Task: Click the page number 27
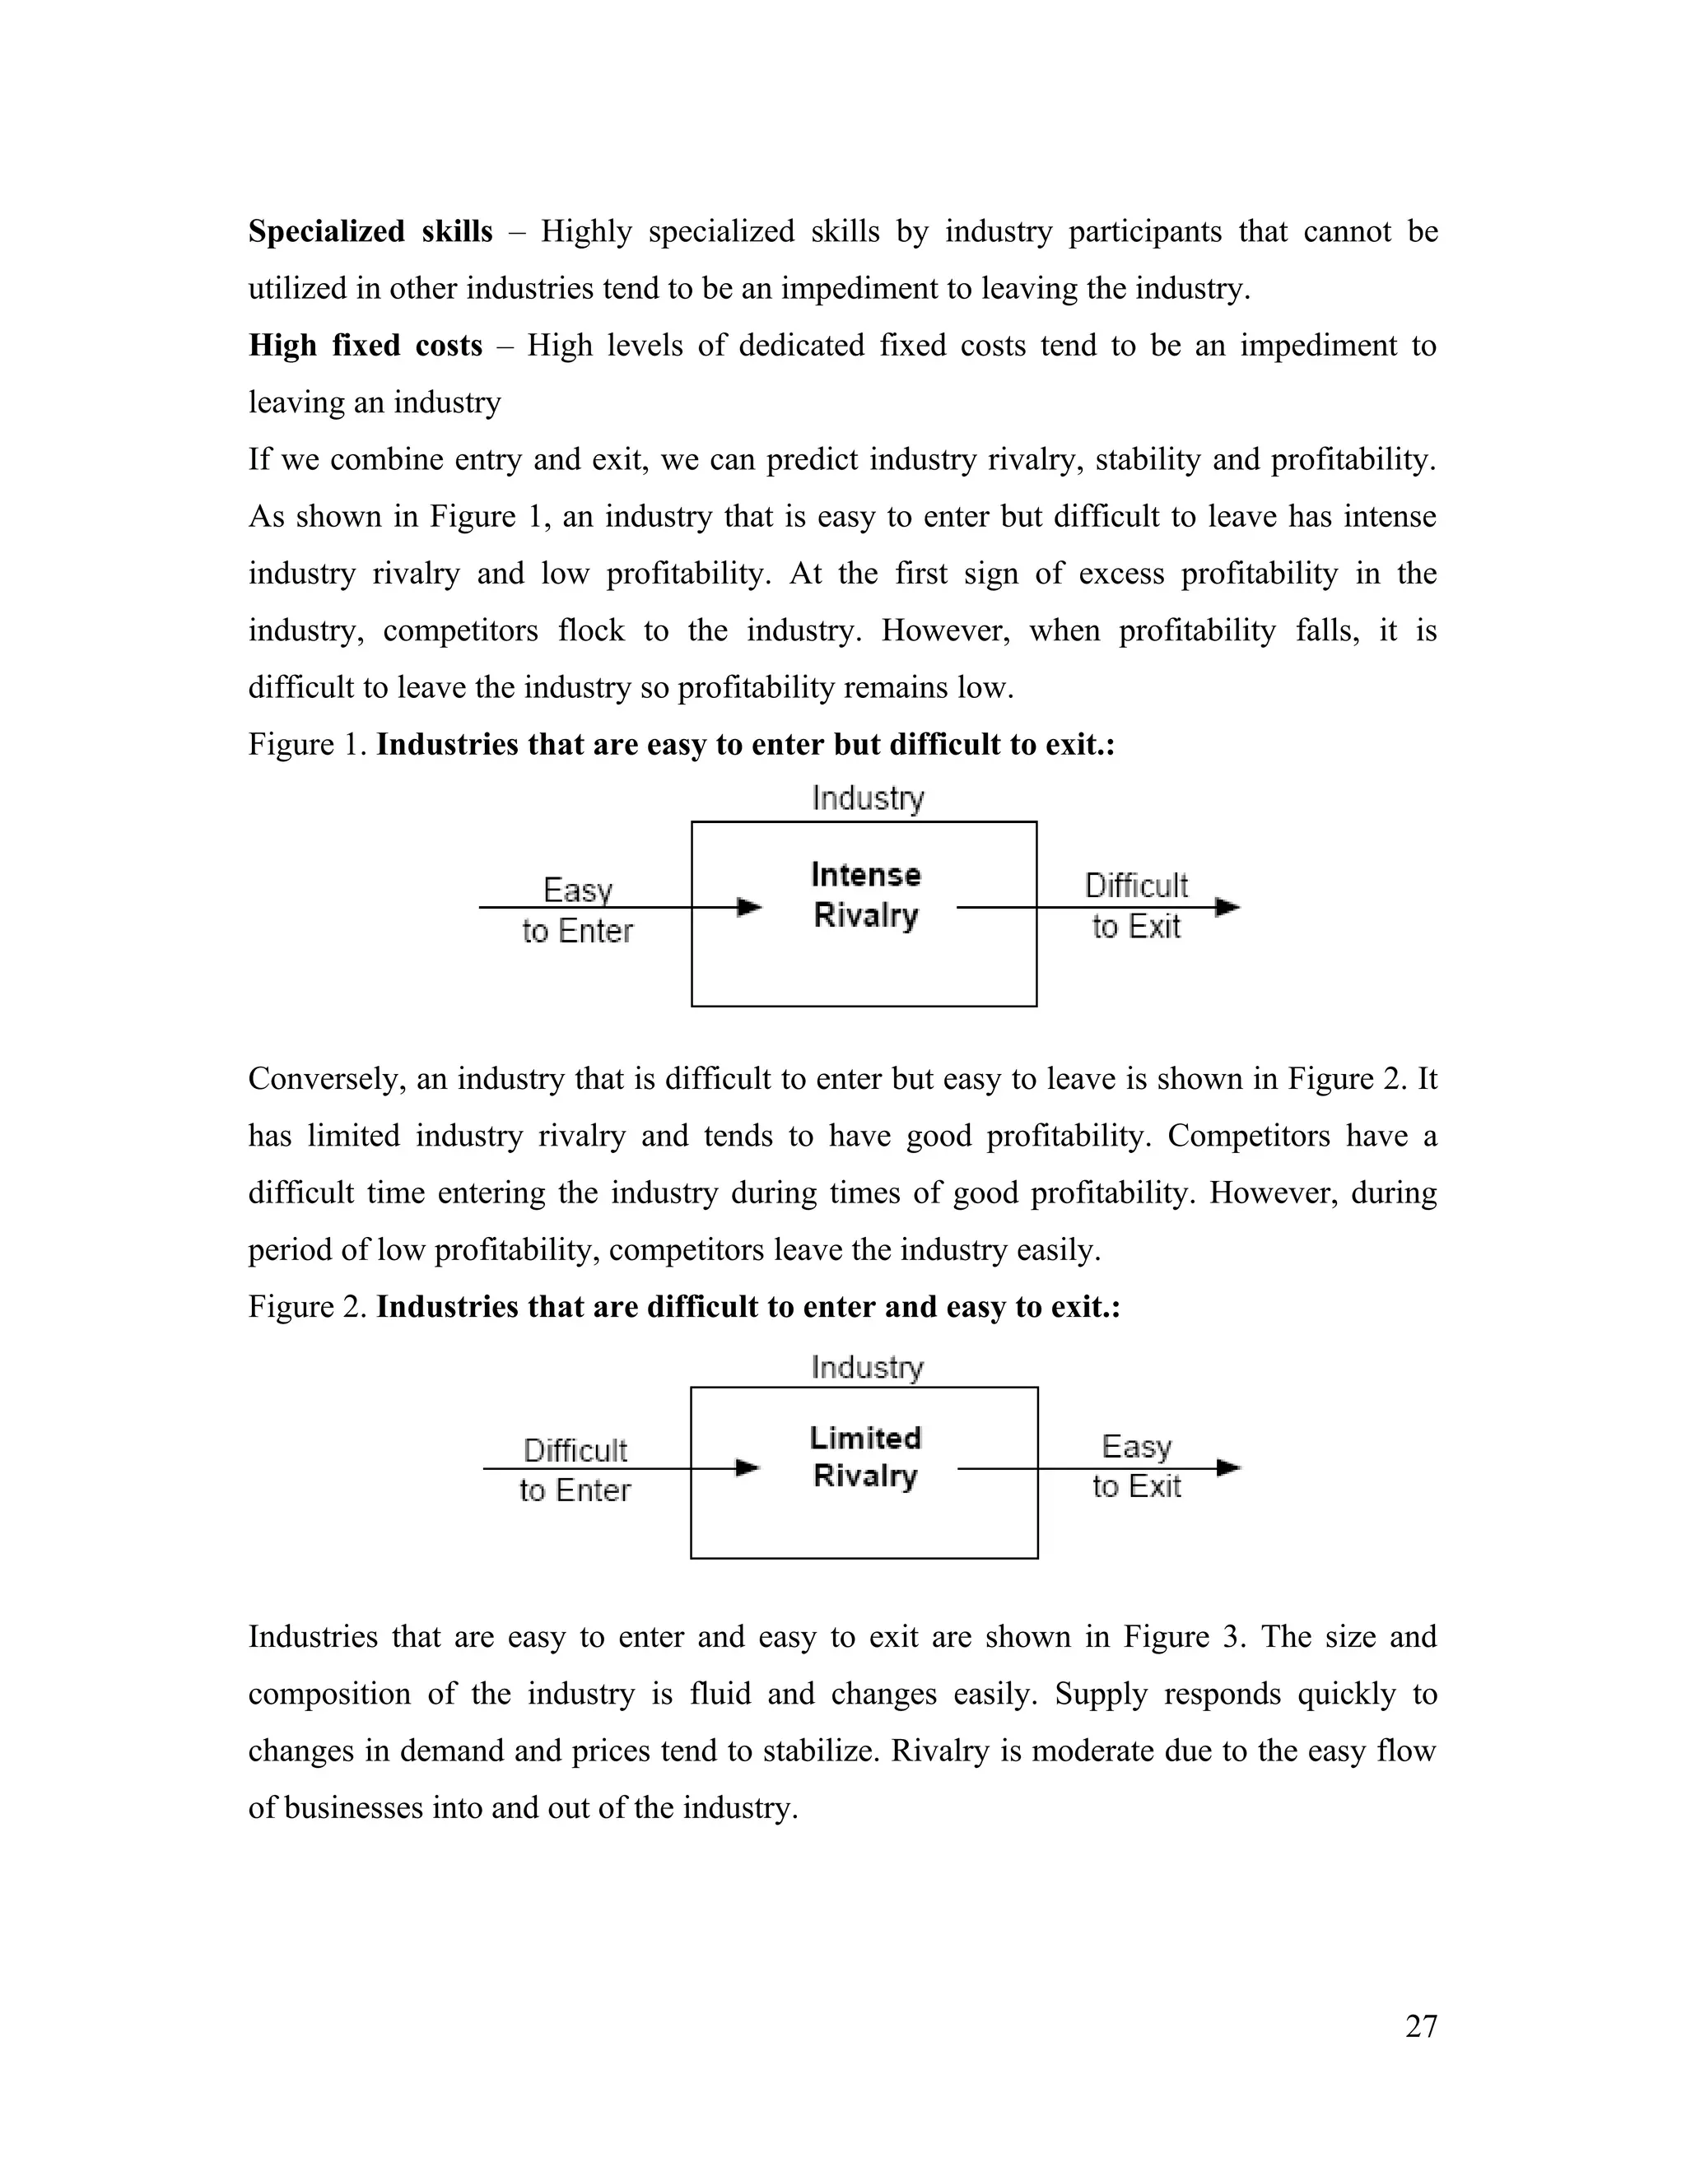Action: click(1420, 2026)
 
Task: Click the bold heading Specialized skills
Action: click(370, 232)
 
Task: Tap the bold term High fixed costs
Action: click(365, 346)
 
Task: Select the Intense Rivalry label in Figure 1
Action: click(865, 895)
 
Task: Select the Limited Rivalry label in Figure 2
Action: click(865, 1457)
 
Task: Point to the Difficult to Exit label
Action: click(1135, 906)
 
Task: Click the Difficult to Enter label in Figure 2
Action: click(575, 1469)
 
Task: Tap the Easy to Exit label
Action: click(1135, 1466)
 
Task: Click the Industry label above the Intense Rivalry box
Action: click(868, 798)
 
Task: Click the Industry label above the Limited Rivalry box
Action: click(867, 1366)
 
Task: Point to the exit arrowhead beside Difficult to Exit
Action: click(1227, 907)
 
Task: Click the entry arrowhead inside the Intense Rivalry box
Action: click(749, 907)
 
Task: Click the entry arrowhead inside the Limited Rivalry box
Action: click(748, 1468)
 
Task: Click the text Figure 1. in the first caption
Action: click(308, 745)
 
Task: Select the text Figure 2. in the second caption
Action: click(308, 1307)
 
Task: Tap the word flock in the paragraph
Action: click(591, 631)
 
